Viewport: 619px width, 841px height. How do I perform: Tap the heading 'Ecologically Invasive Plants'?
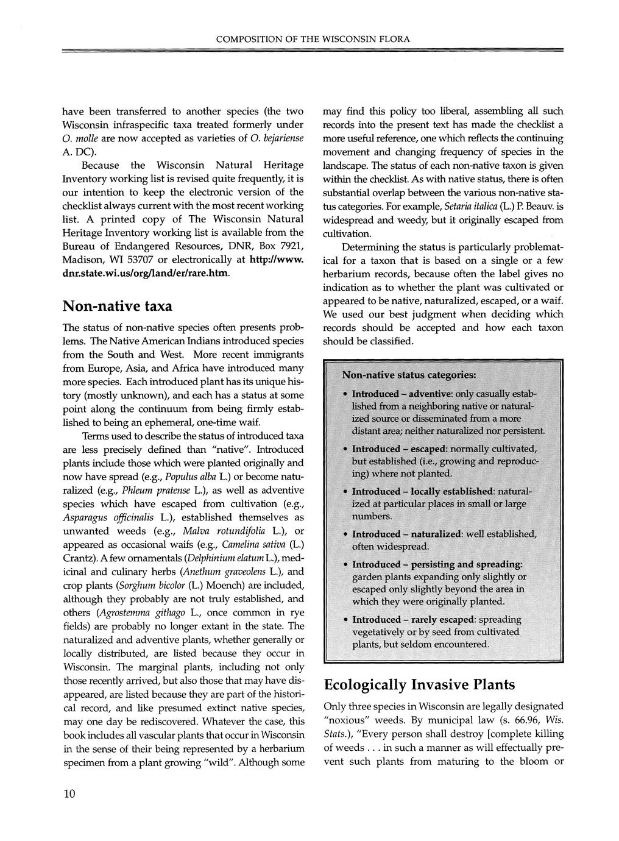[x=419, y=684]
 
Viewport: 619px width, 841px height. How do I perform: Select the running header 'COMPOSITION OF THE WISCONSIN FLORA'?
[x=313, y=39]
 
